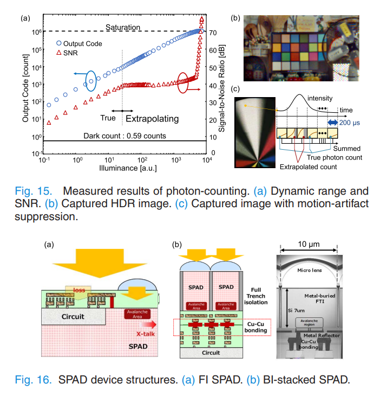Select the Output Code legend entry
click(82, 43)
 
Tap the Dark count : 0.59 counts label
click(124, 135)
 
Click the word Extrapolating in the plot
click(152, 117)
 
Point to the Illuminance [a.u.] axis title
click(124, 169)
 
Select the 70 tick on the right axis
click(213, 33)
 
